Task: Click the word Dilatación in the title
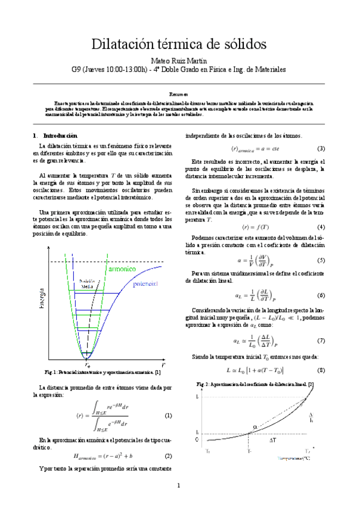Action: point(125,45)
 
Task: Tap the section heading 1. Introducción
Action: point(55,136)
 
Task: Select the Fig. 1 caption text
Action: point(98,372)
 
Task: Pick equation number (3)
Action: point(321,148)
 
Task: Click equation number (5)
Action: point(321,261)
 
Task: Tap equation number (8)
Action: point(321,370)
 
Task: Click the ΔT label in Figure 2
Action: point(272,441)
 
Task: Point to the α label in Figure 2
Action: point(255,426)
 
